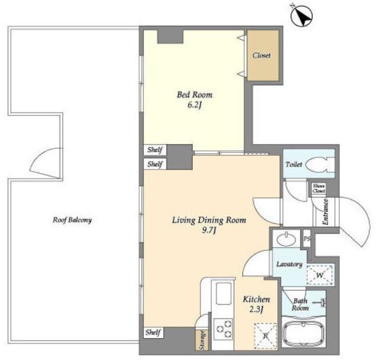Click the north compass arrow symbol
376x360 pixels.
click(x=301, y=15)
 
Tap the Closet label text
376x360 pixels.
click(x=262, y=55)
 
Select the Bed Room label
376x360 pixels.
click(x=195, y=95)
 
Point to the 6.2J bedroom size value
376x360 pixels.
click(x=194, y=105)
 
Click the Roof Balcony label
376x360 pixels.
click(x=72, y=220)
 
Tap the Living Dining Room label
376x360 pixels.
click(x=209, y=220)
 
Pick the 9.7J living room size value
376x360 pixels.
click(x=209, y=231)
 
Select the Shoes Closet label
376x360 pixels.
click(x=318, y=188)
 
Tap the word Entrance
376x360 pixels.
click(x=326, y=212)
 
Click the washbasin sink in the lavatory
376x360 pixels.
click(x=286, y=240)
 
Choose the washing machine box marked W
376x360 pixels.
click(x=320, y=275)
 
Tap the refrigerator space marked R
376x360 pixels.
click(x=266, y=336)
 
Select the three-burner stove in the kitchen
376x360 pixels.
click(x=223, y=329)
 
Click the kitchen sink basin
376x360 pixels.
click(x=224, y=294)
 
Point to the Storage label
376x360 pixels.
click(x=203, y=340)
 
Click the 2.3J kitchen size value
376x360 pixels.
click(x=257, y=310)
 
